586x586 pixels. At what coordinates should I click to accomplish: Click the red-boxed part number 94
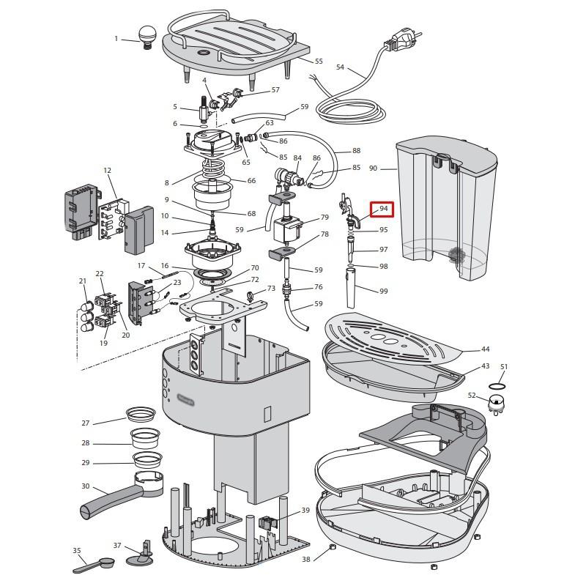382,209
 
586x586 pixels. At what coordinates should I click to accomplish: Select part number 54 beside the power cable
340,67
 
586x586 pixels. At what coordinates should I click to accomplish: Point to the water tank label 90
373,168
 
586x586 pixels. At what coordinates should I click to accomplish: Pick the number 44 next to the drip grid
485,349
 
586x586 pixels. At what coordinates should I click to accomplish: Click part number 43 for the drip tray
485,366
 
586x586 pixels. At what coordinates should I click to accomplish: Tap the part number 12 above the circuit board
108,171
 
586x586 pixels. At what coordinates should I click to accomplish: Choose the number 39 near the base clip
305,511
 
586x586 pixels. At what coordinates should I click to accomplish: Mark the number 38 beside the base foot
305,559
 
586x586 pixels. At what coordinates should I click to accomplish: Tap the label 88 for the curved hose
356,152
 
